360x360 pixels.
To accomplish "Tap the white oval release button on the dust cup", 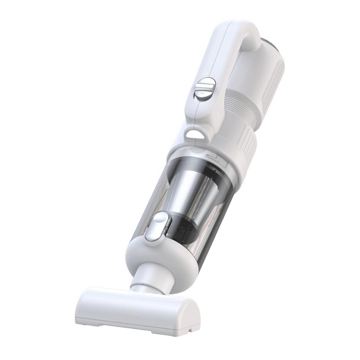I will click(157, 227).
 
